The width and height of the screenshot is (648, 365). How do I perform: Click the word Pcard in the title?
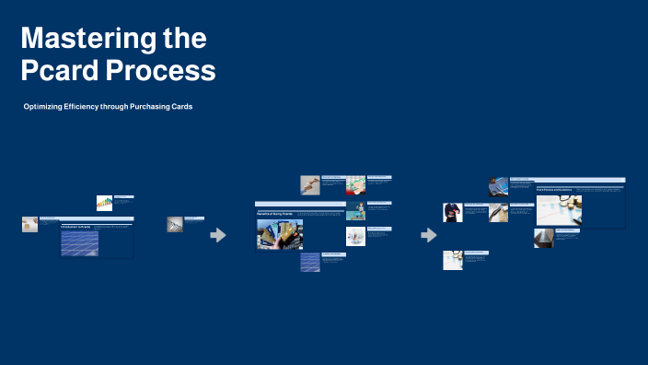tap(60, 71)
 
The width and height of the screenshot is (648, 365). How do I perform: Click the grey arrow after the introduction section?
tap(218, 235)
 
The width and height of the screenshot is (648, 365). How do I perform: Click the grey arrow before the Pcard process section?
tap(428, 235)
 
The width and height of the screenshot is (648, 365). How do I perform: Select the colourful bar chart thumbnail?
tap(104, 204)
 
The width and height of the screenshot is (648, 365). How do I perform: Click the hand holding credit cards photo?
tap(280, 234)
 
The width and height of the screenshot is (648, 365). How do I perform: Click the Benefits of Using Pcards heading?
tap(275, 213)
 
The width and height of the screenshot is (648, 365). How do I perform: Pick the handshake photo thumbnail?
tap(309, 184)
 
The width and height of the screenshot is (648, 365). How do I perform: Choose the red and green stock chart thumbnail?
tap(356, 185)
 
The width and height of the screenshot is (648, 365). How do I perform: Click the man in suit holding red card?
tap(452, 213)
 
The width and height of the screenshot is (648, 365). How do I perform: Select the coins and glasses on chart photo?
tap(559, 210)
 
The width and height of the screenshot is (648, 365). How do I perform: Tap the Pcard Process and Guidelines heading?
tap(555, 190)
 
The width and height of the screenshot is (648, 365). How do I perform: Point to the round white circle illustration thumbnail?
tap(356, 237)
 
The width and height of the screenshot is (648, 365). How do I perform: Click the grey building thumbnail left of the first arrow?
tap(174, 224)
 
